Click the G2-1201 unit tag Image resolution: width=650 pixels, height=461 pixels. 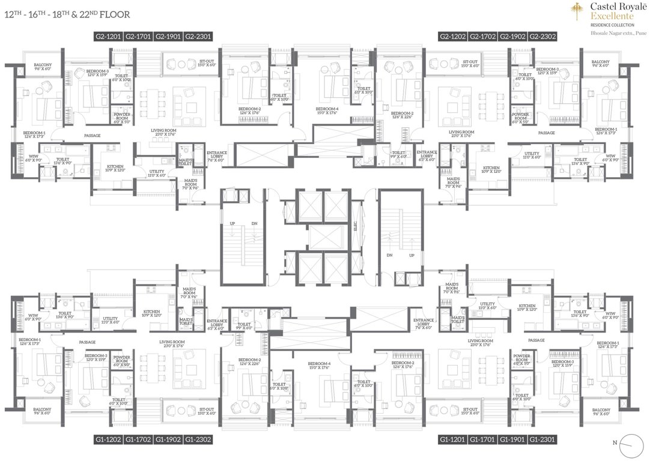pos(108,37)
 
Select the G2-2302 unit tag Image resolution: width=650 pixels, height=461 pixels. pos(543,37)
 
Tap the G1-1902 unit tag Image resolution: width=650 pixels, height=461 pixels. pos(168,439)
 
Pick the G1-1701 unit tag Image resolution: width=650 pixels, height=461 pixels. pos(483,439)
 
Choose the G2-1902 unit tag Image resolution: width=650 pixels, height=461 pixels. pos(513,37)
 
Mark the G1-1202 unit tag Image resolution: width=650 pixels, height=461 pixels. pos(108,439)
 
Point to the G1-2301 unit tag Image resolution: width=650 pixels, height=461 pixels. pos(543,439)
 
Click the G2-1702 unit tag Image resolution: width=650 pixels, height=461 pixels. pos(483,37)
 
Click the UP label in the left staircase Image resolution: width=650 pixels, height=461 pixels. pos(232,223)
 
